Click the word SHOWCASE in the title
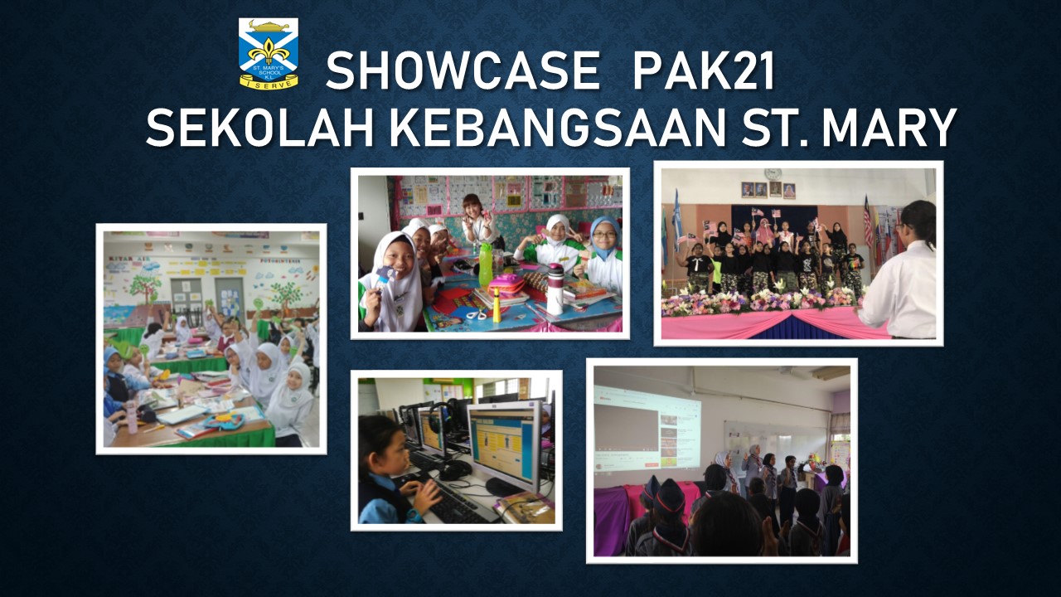coord(462,71)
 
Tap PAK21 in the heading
coord(703,71)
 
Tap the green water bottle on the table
coord(486,265)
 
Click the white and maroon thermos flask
coord(555,289)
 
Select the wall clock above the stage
coord(772,174)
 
